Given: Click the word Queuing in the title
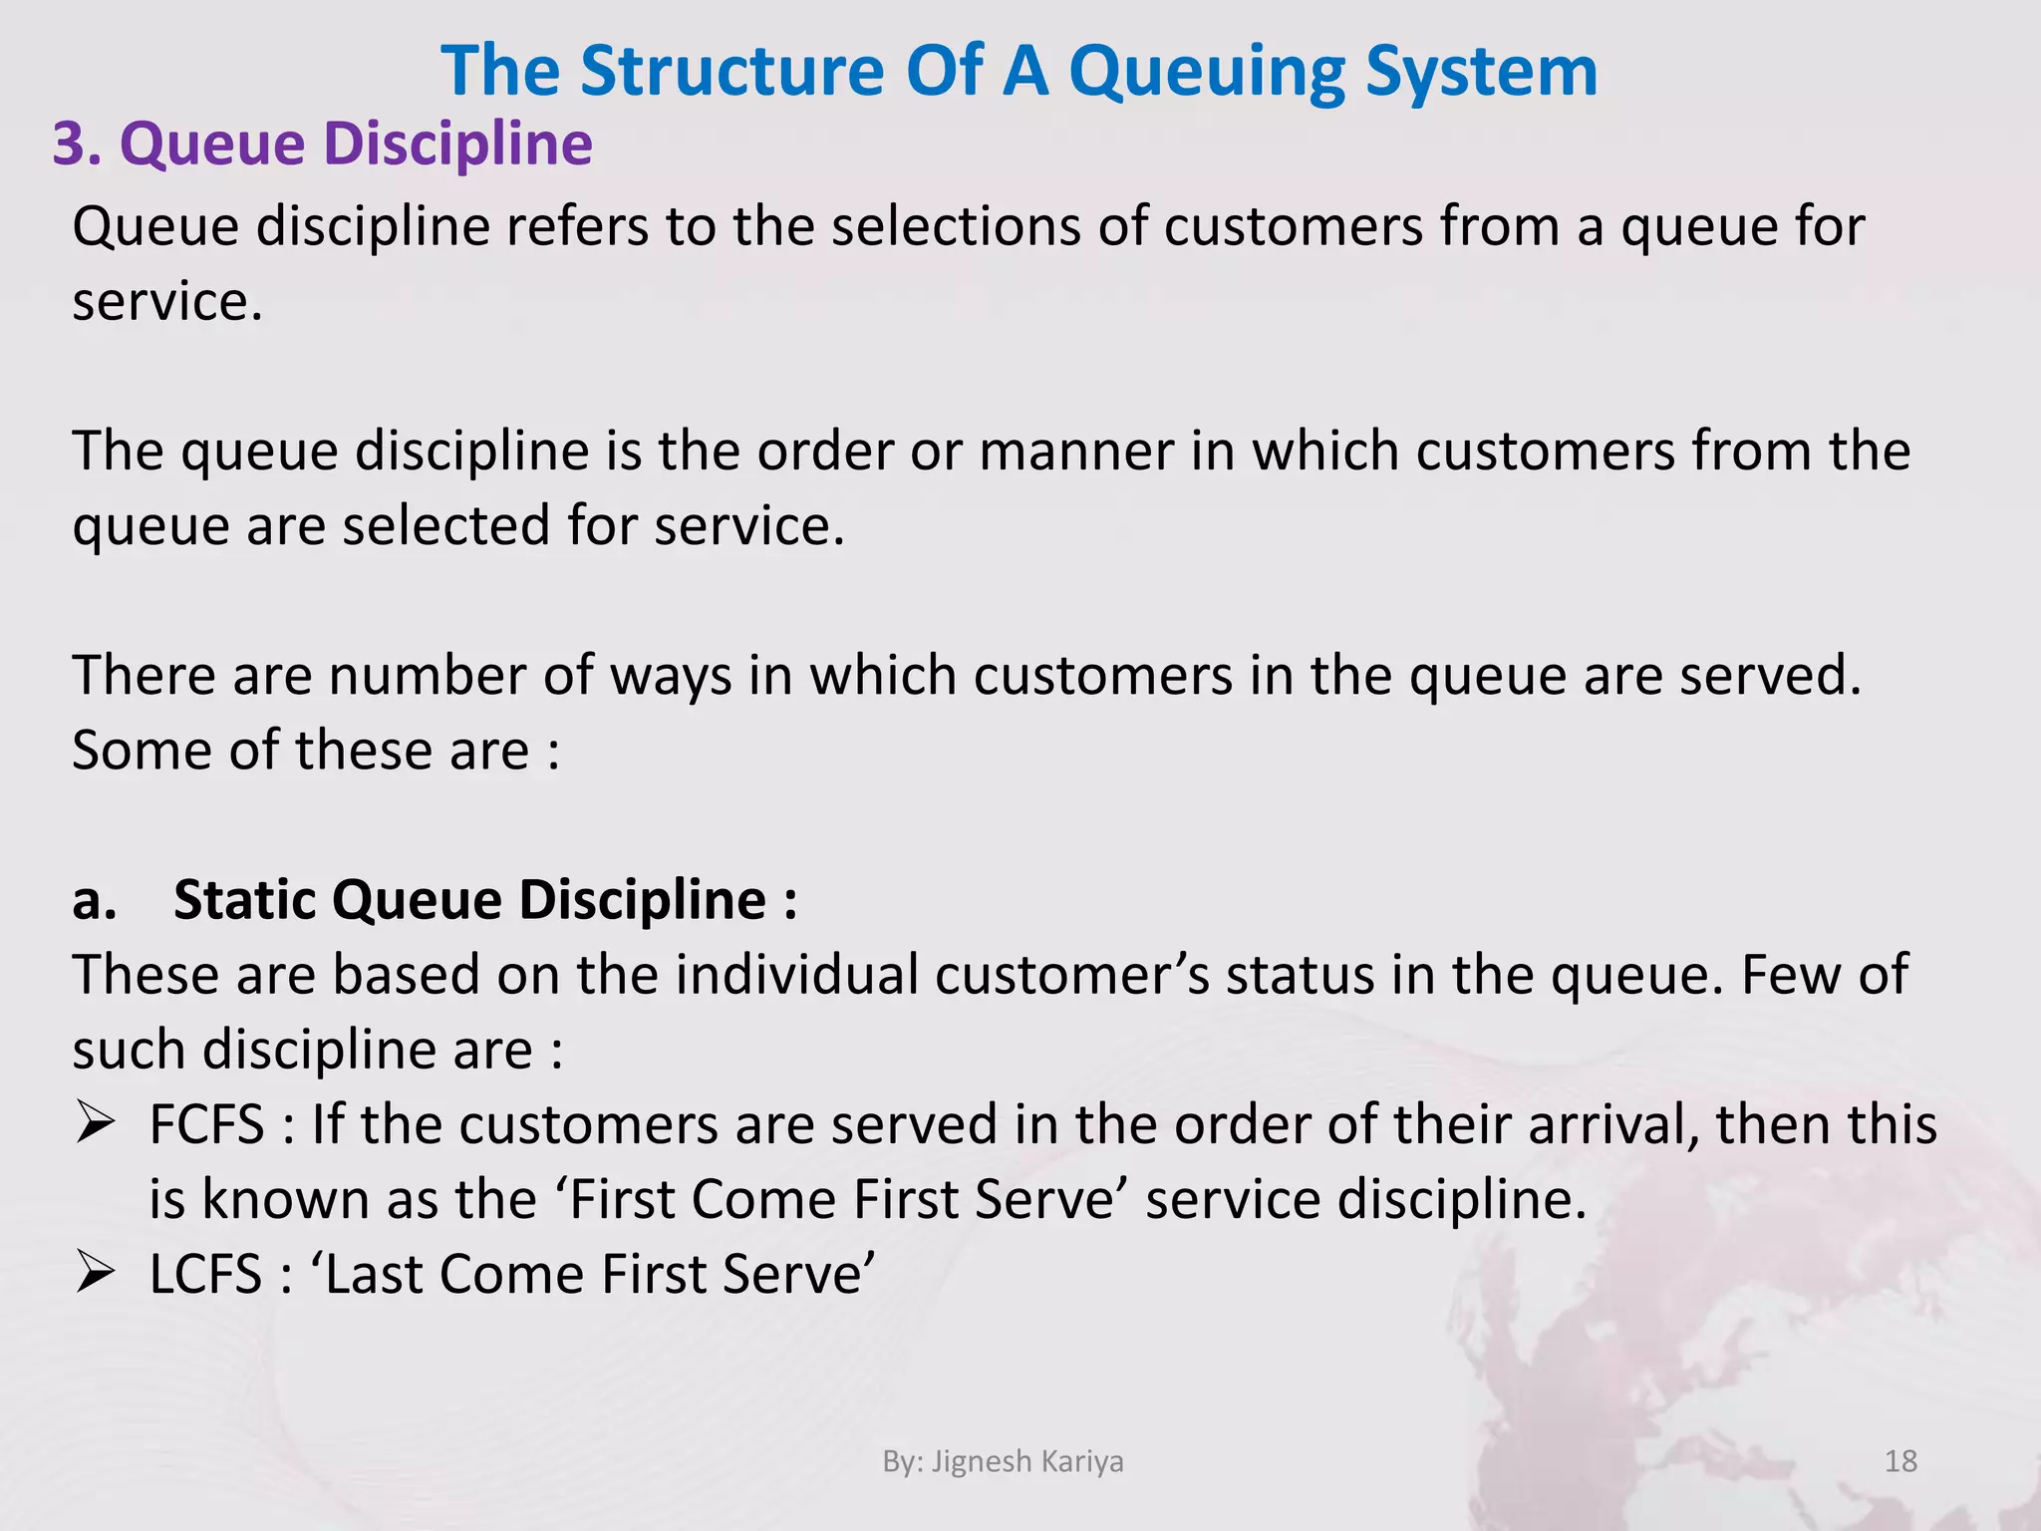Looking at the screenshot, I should (x=1206, y=72).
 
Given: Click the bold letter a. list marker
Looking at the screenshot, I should (x=94, y=900).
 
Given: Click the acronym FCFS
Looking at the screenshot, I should (x=206, y=1124).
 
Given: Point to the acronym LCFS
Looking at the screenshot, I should (x=205, y=1274).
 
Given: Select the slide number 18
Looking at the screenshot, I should (x=1900, y=1461).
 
